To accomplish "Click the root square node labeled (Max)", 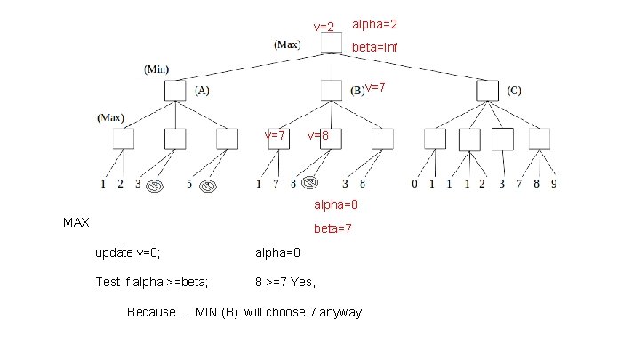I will point(331,44).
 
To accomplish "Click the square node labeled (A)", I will point(175,91).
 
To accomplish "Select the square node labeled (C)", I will point(487,91).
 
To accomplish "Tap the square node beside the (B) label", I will point(331,91).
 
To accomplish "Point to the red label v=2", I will point(324,28).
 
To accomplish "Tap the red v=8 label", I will point(318,136).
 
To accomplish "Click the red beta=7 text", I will point(332,228).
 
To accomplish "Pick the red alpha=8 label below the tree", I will point(336,204).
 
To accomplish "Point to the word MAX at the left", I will point(76,221).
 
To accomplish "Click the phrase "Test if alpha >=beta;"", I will point(152,283).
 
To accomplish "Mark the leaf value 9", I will point(555,185).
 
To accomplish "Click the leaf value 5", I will point(189,185).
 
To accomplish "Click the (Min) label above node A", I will point(157,68).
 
